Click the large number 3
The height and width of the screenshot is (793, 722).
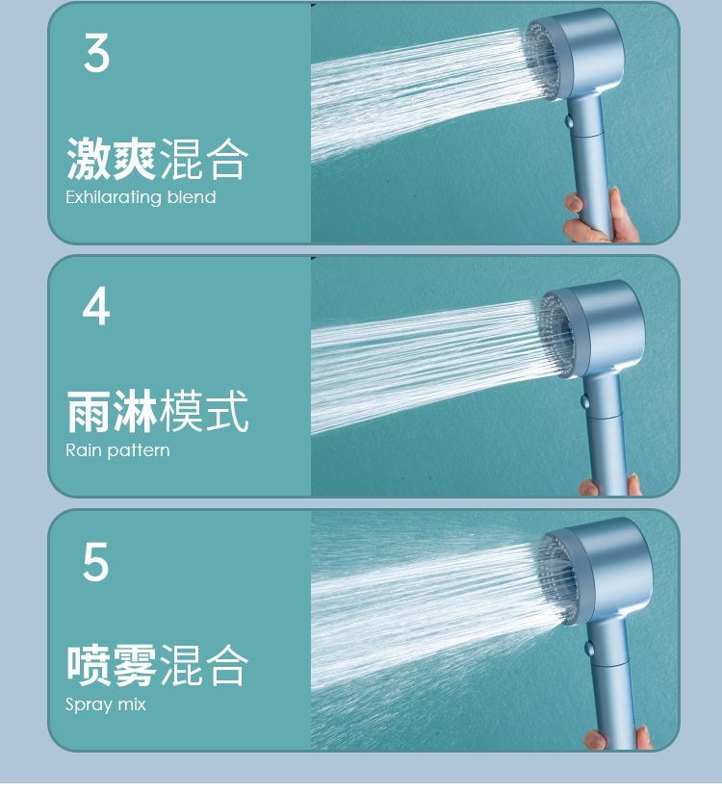click(x=96, y=53)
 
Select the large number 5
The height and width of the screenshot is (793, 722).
click(x=95, y=561)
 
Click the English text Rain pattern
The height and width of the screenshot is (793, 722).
click(x=117, y=450)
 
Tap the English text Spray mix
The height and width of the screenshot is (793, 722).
click(x=105, y=704)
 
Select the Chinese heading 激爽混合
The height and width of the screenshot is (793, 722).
click(x=157, y=159)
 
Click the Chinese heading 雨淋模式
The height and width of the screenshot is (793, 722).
click(x=157, y=411)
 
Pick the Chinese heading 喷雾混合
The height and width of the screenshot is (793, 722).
click(x=157, y=665)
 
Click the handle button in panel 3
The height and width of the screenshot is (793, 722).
click(x=569, y=121)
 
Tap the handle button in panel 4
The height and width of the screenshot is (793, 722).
click(x=585, y=402)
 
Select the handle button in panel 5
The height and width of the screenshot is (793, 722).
click(x=589, y=647)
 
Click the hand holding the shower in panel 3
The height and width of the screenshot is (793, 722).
click(x=601, y=217)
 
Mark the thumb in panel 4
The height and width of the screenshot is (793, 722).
click(x=589, y=488)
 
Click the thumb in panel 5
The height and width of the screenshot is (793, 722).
click(x=596, y=740)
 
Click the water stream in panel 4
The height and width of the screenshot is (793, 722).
click(x=425, y=364)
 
